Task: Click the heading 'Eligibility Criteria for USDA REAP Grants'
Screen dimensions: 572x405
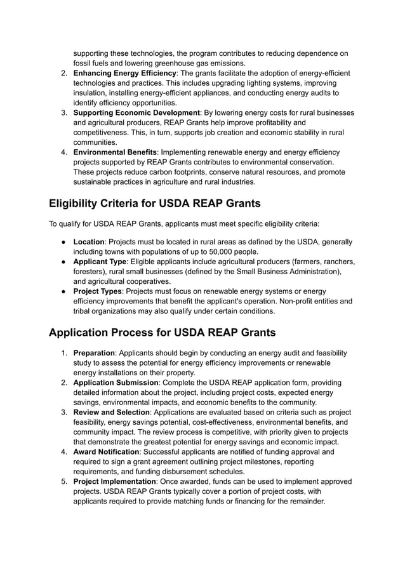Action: point(155,204)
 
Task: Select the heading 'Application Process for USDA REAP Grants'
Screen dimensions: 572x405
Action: point(162,332)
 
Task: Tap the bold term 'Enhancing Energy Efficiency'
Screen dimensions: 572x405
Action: point(124,73)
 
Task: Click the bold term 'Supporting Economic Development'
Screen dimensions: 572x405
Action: point(136,112)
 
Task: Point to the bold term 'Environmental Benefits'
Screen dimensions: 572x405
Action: point(115,152)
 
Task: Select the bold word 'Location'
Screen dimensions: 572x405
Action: point(90,242)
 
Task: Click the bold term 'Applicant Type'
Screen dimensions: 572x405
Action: point(100,262)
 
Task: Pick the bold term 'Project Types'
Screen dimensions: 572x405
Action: point(98,291)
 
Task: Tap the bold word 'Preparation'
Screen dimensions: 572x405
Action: point(94,353)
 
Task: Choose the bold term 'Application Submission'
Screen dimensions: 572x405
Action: point(116,383)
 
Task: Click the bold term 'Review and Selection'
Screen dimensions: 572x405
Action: point(112,412)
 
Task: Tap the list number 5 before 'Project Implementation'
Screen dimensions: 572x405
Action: point(64,481)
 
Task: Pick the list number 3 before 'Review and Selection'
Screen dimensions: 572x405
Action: point(64,412)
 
